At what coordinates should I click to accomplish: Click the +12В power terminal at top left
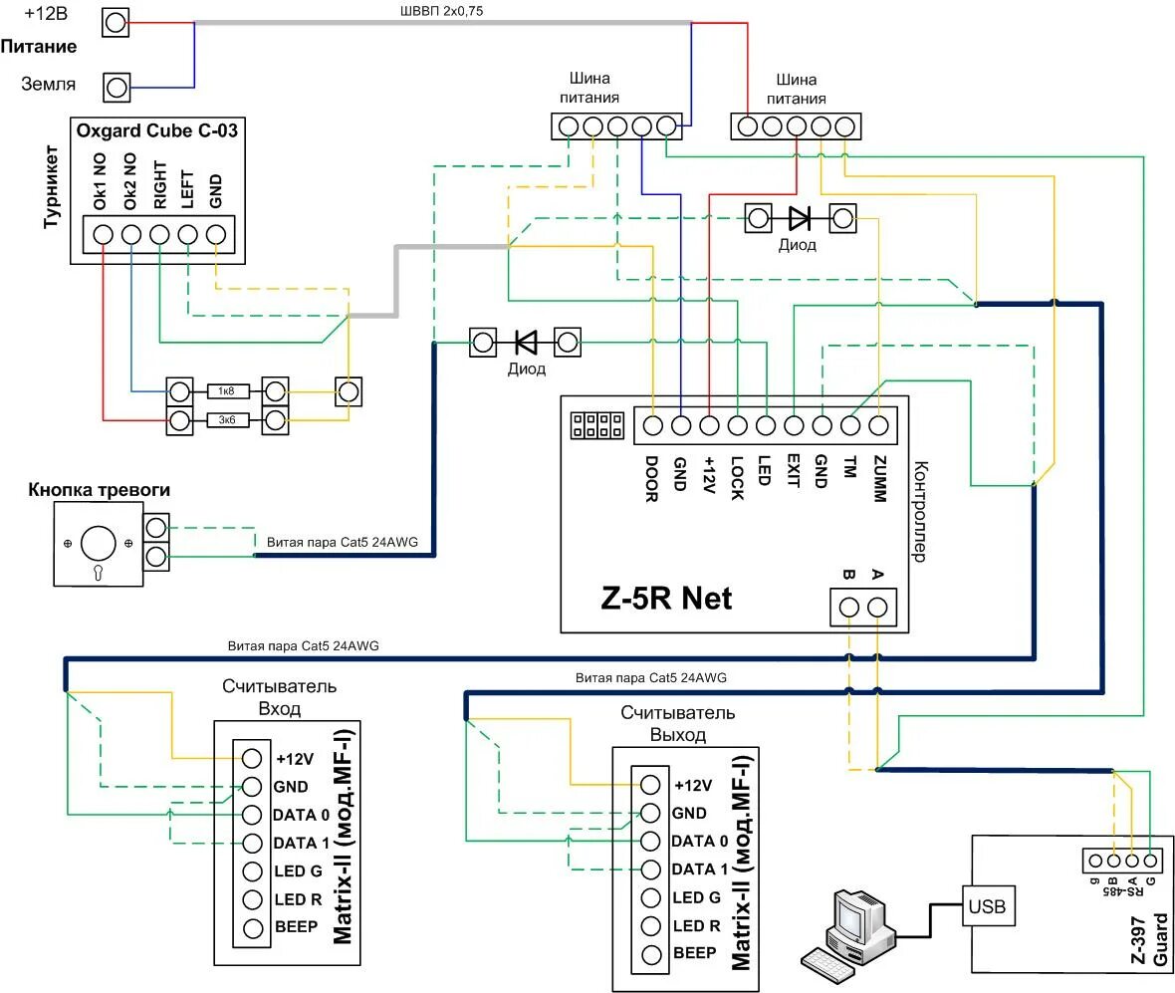pos(116,23)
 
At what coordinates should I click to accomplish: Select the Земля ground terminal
pos(117,88)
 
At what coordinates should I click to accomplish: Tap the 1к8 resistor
pos(227,391)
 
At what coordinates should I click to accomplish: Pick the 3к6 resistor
pos(227,420)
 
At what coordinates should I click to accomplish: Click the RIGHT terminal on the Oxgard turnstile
pos(159,235)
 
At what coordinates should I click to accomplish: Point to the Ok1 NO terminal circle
pos(103,235)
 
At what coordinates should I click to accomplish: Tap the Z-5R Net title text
pos(666,598)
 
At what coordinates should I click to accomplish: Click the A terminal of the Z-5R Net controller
pos(877,607)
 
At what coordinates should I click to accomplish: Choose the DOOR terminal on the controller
pos(652,425)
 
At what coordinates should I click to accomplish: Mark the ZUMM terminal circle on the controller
pos(878,425)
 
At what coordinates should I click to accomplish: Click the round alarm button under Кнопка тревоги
pos(99,544)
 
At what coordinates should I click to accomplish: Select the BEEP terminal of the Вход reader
pos(253,928)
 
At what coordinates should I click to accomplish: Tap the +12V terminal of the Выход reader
pos(650,785)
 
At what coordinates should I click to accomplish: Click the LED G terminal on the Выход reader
pos(651,897)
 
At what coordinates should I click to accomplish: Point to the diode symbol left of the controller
pos(526,343)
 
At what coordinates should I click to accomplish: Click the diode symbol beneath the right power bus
pos(800,219)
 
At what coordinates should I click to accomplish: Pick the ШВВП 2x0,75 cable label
pos(441,11)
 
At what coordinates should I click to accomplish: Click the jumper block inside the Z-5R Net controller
pos(597,425)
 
